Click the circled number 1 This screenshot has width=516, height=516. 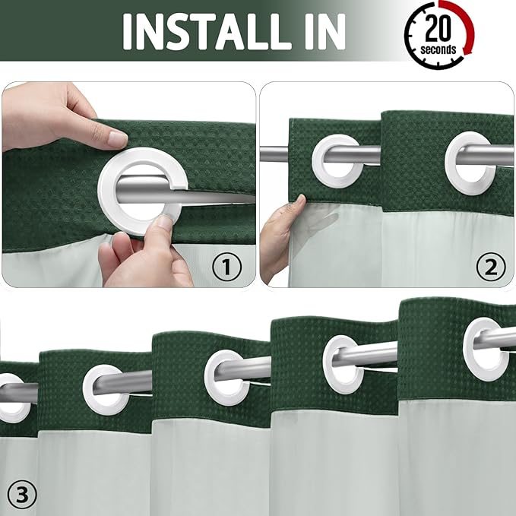pos(226,266)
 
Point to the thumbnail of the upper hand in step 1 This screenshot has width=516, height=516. pos(116,139)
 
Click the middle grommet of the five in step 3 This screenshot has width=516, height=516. pos(226,375)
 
